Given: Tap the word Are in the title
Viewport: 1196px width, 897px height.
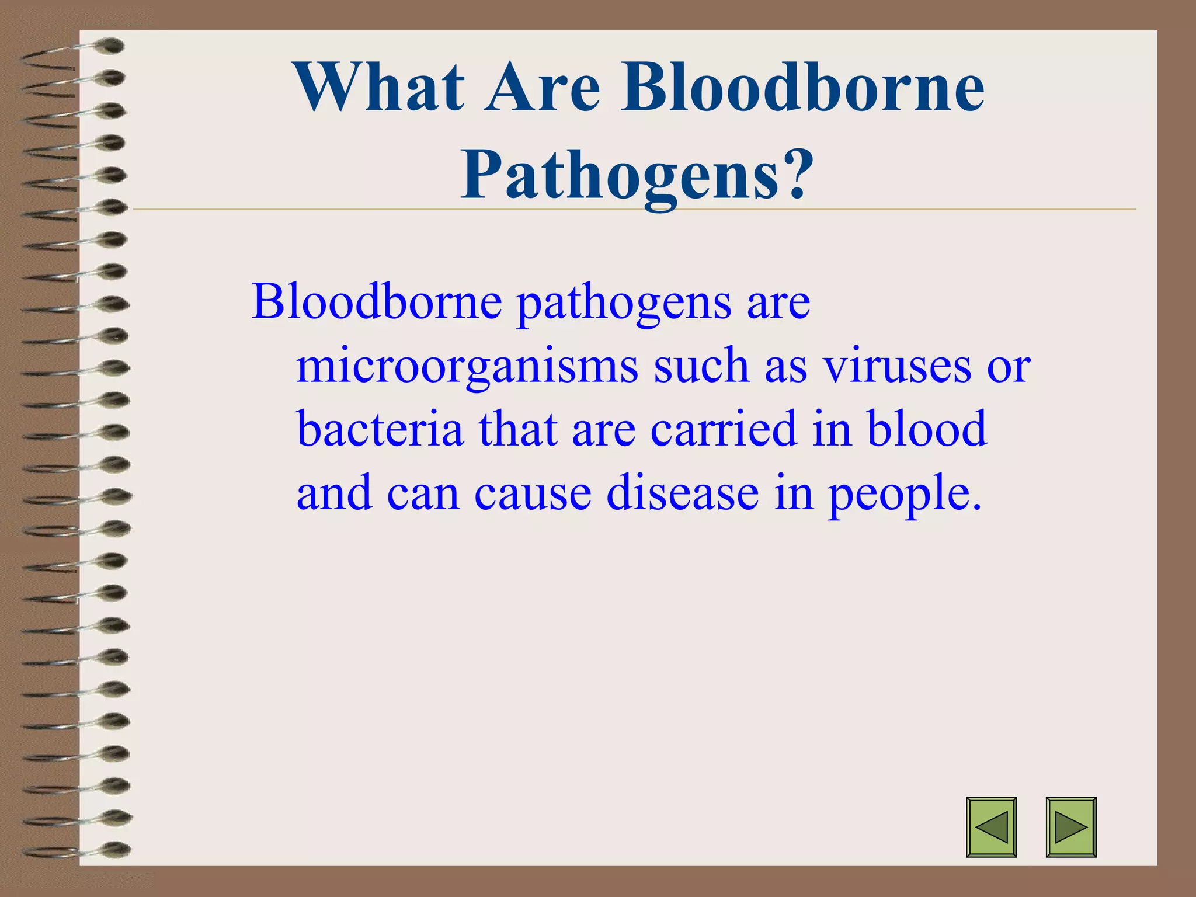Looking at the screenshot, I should pos(543,88).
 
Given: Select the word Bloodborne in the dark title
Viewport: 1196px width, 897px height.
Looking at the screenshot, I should pos(802,88).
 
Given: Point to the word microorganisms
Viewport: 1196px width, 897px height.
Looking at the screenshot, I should pos(467,367).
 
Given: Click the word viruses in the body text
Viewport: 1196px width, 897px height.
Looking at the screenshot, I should pos(897,367).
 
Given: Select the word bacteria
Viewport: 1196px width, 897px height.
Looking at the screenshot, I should pos(380,429).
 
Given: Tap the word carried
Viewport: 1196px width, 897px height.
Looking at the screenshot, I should pos(724,429).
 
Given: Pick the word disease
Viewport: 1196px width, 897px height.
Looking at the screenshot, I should pos(683,493).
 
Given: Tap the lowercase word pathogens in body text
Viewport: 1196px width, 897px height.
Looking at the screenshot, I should pos(624,304).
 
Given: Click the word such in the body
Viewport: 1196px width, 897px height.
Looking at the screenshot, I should pos(701,367).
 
